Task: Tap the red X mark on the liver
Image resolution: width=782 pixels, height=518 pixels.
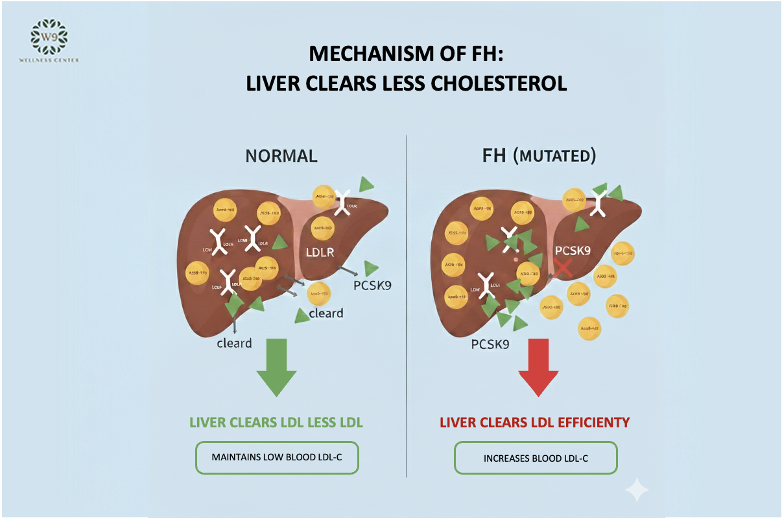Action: pos(562,267)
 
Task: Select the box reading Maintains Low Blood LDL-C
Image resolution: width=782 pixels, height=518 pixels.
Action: pos(276,458)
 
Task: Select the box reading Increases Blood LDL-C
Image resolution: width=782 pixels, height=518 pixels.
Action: pos(535,458)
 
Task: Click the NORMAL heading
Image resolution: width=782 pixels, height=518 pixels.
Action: pos(281,156)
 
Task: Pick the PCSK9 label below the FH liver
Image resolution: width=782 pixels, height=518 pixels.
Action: pos(491,344)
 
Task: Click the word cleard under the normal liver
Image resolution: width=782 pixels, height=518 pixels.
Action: pos(234,343)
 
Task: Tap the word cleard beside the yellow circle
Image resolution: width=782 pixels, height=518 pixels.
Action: pos(326,313)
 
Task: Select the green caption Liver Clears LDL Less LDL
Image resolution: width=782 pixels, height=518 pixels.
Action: pos(276,422)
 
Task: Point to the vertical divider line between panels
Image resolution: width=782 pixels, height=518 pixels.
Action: pos(407,304)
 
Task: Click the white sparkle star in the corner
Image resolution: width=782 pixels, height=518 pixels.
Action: pos(636,490)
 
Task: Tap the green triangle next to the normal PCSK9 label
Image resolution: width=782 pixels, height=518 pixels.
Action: pos(372,267)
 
